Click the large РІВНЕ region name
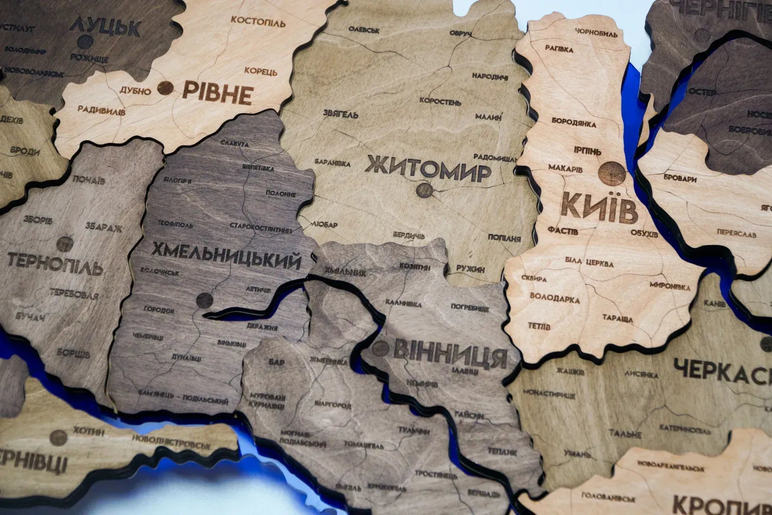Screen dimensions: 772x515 click(217, 93)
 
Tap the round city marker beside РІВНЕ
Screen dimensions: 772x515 click(166, 89)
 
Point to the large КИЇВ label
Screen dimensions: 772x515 click(599, 208)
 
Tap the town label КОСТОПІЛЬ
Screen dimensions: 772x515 click(258, 21)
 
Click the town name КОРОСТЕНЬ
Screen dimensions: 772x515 click(440, 102)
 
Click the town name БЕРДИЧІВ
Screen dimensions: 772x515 click(409, 235)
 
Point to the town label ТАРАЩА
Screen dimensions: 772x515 click(618, 318)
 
